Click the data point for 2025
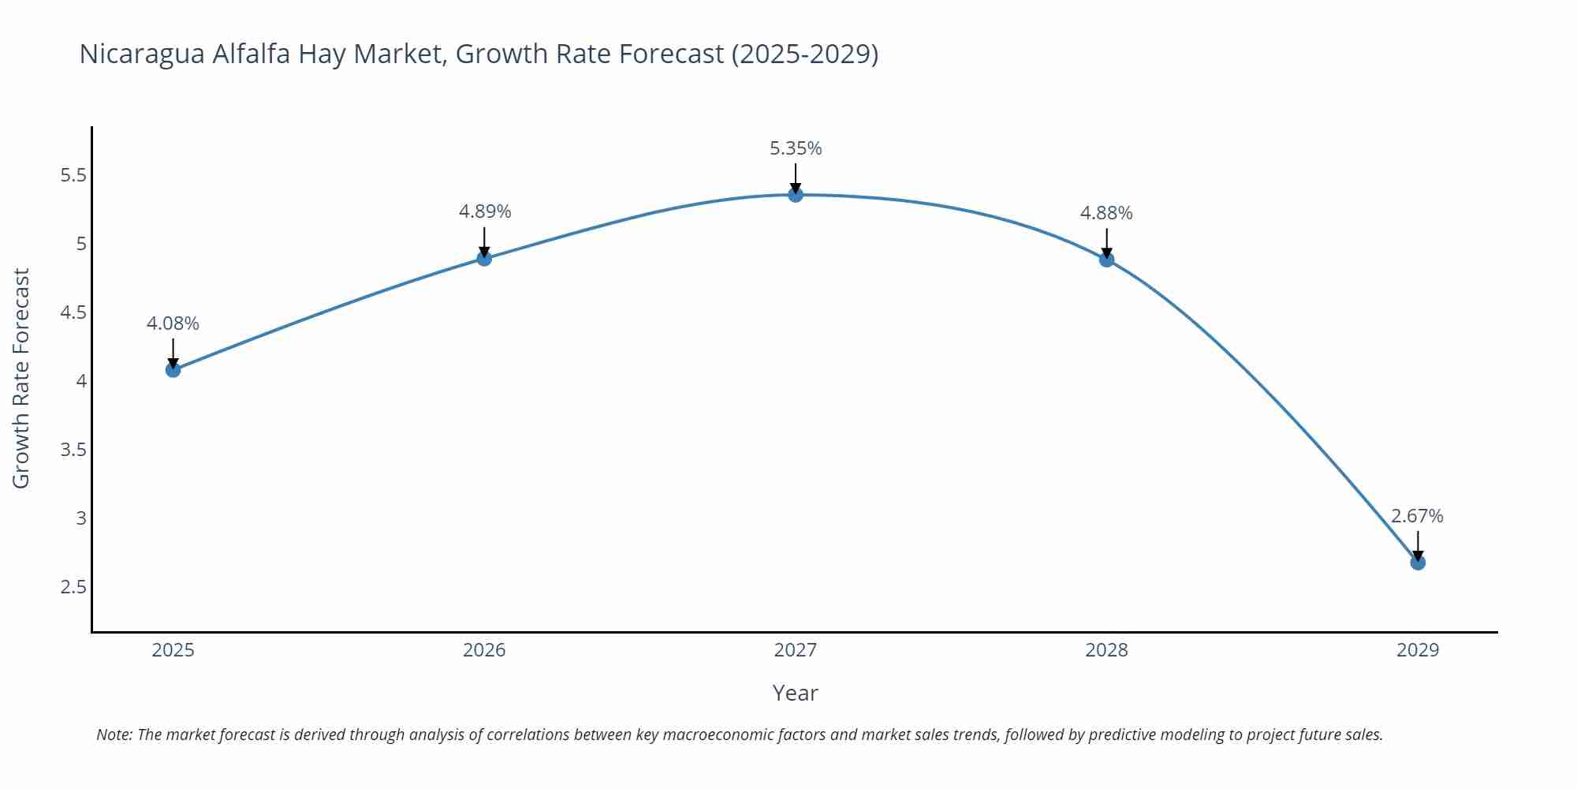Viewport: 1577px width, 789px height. (x=173, y=369)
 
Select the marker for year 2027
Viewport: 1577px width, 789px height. (x=796, y=195)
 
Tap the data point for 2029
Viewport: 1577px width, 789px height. (x=1418, y=563)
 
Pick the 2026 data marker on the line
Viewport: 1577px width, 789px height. (x=484, y=258)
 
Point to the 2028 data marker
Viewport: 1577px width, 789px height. (x=1106, y=260)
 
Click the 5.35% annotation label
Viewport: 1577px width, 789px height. (x=796, y=148)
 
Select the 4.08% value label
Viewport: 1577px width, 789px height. (x=173, y=323)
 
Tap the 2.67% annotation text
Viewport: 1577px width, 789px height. (x=1417, y=516)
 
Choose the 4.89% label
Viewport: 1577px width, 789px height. (x=485, y=211)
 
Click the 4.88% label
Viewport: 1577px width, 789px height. (x=1106, y=213)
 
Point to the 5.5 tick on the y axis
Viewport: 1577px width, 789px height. (x=73, y=175)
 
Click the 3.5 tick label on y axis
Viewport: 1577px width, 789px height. (x=73, y=450)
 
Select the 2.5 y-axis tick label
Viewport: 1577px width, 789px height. (x=73, y=587)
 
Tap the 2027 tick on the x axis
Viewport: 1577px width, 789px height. (x=796, y=650)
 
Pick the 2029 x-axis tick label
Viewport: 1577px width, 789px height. (x=1418, y=650)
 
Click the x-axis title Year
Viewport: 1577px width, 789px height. (x=795, y=693)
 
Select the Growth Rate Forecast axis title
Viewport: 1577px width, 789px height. (x=21, y=378)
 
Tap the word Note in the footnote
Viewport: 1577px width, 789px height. (x=114, y=735)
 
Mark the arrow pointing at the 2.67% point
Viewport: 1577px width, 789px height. (x=1418, y=544)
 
